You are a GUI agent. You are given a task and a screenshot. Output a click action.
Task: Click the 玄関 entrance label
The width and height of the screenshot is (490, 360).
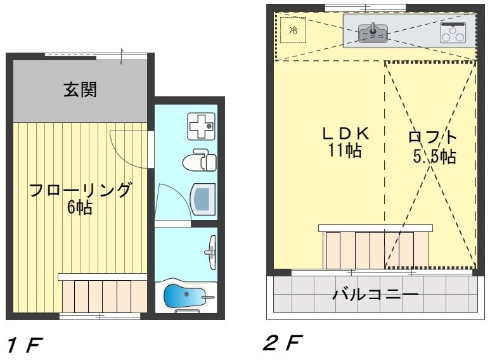[80, 90]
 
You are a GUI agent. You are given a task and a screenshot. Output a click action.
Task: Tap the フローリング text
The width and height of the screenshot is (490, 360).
[81, 190]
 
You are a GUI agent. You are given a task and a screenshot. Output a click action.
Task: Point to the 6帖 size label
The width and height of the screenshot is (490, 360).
[81, 207]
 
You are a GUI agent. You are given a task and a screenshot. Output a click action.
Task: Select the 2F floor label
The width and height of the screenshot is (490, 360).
[282, 344]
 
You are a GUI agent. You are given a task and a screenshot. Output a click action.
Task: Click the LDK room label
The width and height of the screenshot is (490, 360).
[345, 134]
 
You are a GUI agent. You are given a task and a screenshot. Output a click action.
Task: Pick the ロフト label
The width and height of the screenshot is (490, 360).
[434, 137]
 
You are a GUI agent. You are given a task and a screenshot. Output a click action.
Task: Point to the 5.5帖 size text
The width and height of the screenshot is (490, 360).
[434, 156]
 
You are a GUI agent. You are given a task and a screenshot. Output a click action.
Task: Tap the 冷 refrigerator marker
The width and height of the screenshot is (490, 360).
[293, 30]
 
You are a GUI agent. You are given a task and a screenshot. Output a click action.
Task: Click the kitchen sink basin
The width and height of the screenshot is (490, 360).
[373, 32]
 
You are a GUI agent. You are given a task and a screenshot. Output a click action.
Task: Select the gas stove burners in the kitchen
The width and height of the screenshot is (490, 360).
[453, 32]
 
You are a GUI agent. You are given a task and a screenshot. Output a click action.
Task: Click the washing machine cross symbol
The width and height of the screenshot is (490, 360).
[202, 126]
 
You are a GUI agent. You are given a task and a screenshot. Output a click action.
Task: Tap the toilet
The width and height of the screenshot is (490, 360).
[199, 161]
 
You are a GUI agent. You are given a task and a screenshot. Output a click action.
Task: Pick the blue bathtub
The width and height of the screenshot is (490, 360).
[186, 295]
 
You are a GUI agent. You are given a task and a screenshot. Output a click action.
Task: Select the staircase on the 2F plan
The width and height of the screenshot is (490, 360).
[376, 248]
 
